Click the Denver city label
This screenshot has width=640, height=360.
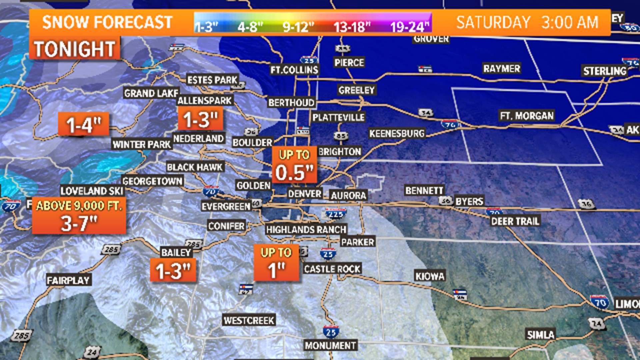pos(305,194)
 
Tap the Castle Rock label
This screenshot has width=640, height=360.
pos(332,269)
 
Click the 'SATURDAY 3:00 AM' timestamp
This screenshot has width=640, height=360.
pos(527,23)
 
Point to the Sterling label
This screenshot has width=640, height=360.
pos(605,71)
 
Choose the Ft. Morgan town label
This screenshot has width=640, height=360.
pos(527,116)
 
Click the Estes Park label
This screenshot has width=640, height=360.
pos(212,80)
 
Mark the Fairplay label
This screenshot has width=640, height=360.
pos(68,280)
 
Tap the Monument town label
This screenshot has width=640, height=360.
pos(330,345)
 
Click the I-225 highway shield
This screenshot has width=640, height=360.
pos(335,214)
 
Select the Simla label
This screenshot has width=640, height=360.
pos(540,335)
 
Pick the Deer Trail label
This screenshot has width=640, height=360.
pos(515,221)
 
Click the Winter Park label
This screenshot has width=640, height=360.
pos(142,144)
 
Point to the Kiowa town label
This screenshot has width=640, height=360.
pos(430,276)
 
